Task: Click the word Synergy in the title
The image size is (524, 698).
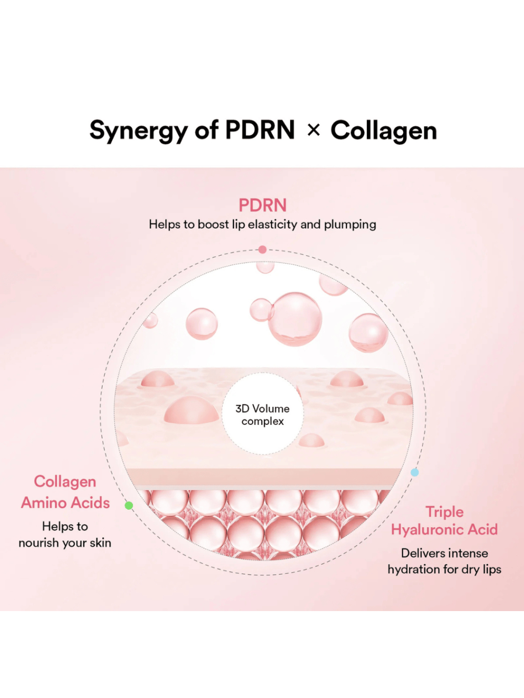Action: tap(139, 131)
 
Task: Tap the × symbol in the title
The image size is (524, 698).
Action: tap(314, 130)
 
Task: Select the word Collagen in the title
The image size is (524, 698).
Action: tap(384, 131)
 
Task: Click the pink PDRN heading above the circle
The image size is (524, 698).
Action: tap(263, 206)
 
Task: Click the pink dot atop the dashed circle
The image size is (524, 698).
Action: tap(263, 250)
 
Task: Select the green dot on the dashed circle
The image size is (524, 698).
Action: tap(129, 505)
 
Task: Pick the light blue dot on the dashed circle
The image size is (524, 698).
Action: tap(415, 472)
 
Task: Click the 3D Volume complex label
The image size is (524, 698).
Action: tap(263, 415)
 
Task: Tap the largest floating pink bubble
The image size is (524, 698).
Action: tap(295, 319)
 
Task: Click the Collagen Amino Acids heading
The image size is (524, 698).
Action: tap(65, 492)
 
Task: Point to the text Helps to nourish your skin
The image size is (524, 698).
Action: tap(65, 534)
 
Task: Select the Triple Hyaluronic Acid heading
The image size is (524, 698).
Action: tap(444, 521)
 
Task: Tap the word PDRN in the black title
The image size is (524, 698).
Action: tap(260, 130)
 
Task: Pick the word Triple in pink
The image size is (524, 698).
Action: tap(444, 512)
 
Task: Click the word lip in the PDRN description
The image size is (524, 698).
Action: tap(238, 224)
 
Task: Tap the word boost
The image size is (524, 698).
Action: tap(213, 224)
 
